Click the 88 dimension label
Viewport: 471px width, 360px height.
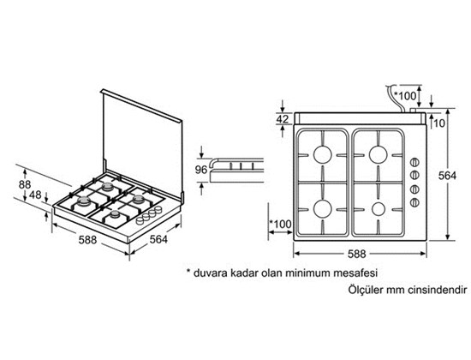(x=25, y=184)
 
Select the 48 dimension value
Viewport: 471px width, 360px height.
(x=35, y=195)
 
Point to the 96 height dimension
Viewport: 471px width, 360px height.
(x=201, y=170)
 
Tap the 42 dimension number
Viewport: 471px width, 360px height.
(x=283, y=119)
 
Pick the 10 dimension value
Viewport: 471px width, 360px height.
(x=439, y=123)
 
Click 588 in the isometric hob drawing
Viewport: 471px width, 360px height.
(x=87, y=240)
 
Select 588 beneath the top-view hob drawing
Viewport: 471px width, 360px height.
(x=357, y=254)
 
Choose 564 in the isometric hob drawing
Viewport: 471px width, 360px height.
(x=158, y=239)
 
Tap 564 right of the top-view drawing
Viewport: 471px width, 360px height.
(x=447, y=176)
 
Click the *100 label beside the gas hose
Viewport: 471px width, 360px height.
(x=406, y=96)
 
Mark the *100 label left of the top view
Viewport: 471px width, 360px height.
(x=281, y=224)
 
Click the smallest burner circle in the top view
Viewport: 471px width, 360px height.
(x=379, y=209)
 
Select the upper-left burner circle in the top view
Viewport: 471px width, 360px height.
(x=322, y=155)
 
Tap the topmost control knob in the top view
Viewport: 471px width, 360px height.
(x=414, y=162)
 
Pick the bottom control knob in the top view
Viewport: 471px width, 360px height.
(x=414, y=202)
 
